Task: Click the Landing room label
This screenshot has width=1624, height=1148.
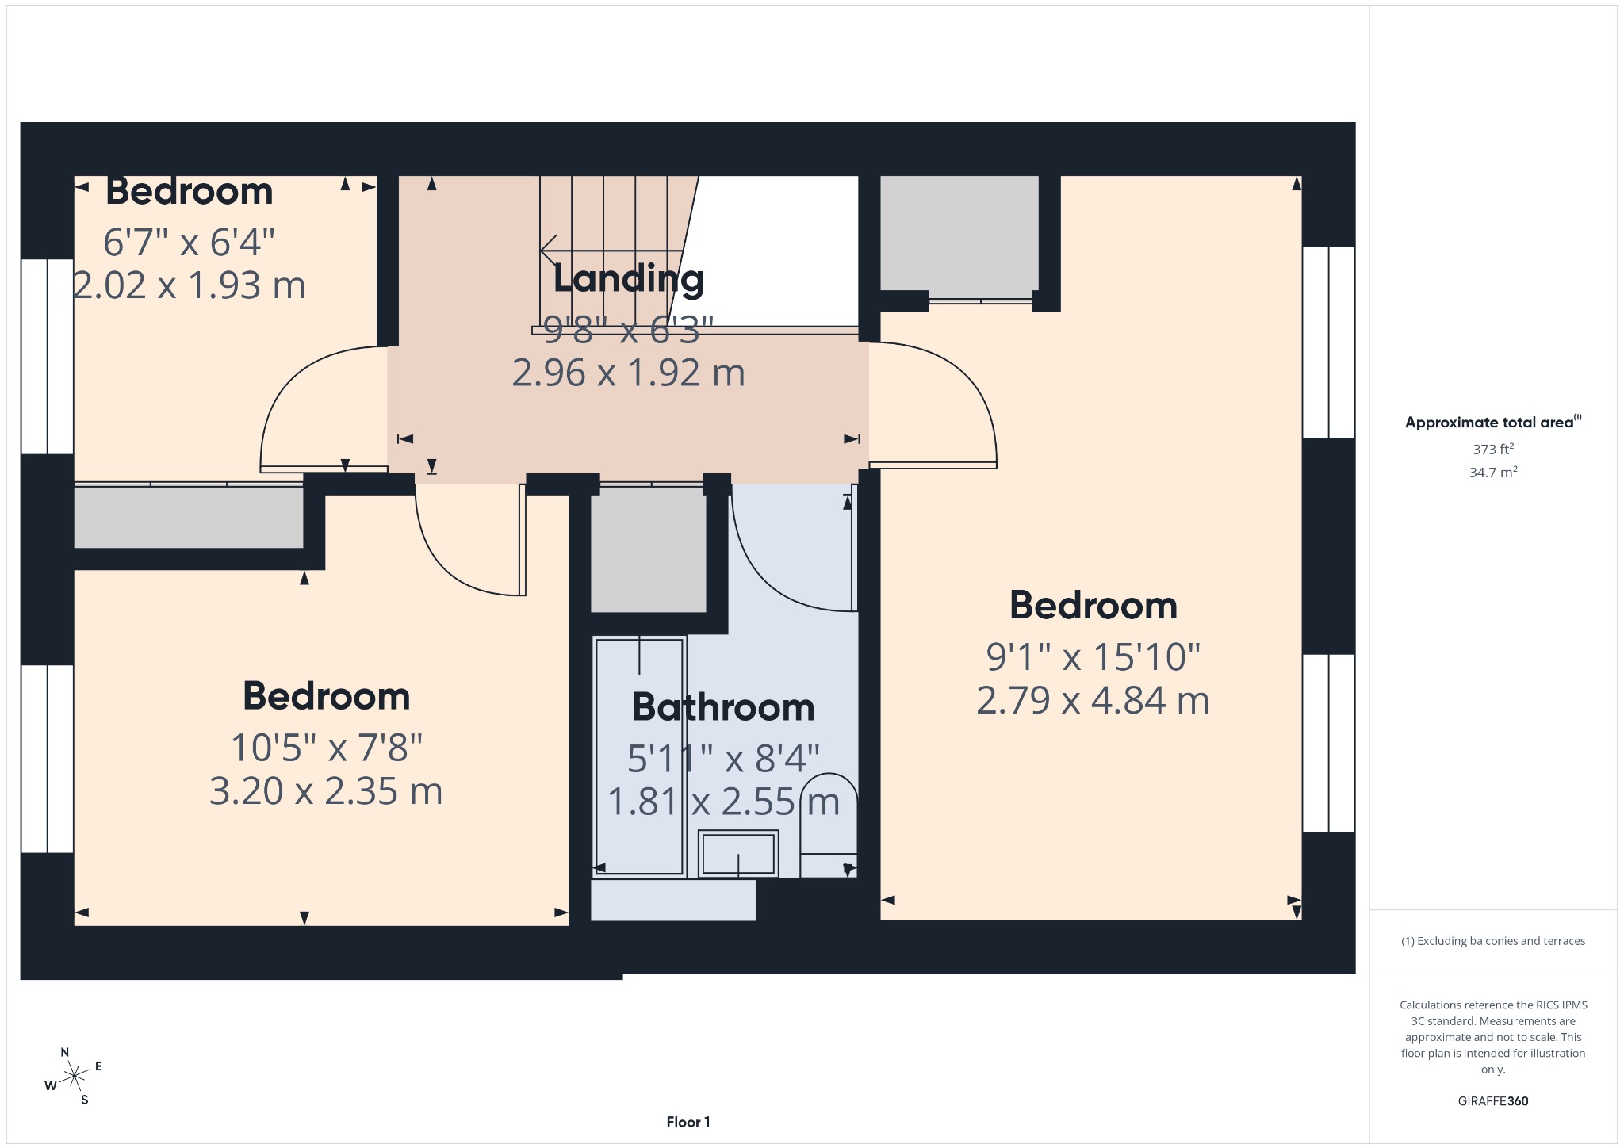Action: pyautogui.click(x=628, y=278)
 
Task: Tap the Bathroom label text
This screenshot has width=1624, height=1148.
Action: pyautogui.click(x=723, y=707)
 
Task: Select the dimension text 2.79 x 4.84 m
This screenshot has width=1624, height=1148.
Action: pyautogui.click(x=1093, y=701)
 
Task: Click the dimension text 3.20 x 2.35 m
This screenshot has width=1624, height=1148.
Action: pyautogui.click(x=326, y=791)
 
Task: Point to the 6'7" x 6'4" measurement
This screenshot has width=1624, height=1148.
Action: pyautogui.click(x=189, y=242)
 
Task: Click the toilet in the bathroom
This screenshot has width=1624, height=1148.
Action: pyautogui.click(x=829, y=825)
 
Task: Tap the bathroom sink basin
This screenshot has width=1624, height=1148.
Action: pyautogui.click(x=738, y=854)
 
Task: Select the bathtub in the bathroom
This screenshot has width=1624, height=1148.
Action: pyautogui.click(x=639, y=757)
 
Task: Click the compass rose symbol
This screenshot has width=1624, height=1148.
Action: pyautogui.click(x=74, y=1076)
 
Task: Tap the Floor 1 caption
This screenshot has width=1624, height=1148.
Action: pyautogui.click(x=688, y=1122)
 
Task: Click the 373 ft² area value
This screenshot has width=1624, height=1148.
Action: pyautogui.click(x=1493, y=449)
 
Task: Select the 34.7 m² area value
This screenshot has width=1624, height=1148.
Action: pyautogui.click(x=1493, y=473)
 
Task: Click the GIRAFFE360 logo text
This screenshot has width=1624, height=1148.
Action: pyautogui.click(x=1493, y=1100)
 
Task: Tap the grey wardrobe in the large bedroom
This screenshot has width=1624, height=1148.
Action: pyautogui.click(x=959, y=233)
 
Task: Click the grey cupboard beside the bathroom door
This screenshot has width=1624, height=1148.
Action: pyautogui.click(x=649, y=549)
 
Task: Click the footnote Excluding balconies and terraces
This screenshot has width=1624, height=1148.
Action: pyautogui.click(x=1493, y=941)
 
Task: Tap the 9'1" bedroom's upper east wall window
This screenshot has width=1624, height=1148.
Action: pyautogui.click(x=1329, y=342)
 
